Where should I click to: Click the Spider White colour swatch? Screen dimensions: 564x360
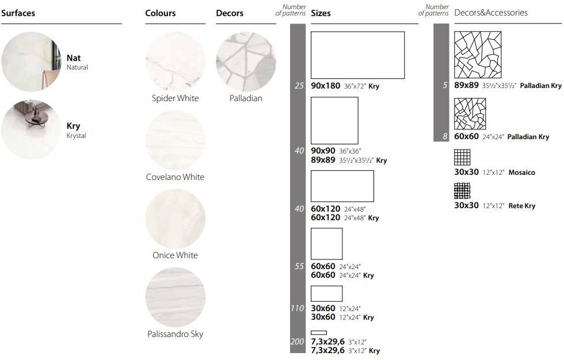(175, 62)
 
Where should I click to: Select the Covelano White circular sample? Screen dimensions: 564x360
(175, 140)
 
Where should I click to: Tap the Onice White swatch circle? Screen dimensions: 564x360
(175, 219)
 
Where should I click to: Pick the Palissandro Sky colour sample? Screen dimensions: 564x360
(175, 297)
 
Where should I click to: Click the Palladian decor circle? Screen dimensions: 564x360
(246, 62)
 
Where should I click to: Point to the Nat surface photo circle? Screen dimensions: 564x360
(31, 62)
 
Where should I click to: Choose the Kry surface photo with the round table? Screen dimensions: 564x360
(31, 130)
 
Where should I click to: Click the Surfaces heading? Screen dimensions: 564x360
(18, 13)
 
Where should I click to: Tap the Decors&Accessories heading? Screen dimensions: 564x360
(490, 13)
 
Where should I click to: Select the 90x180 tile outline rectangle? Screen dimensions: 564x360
(357, 55)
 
